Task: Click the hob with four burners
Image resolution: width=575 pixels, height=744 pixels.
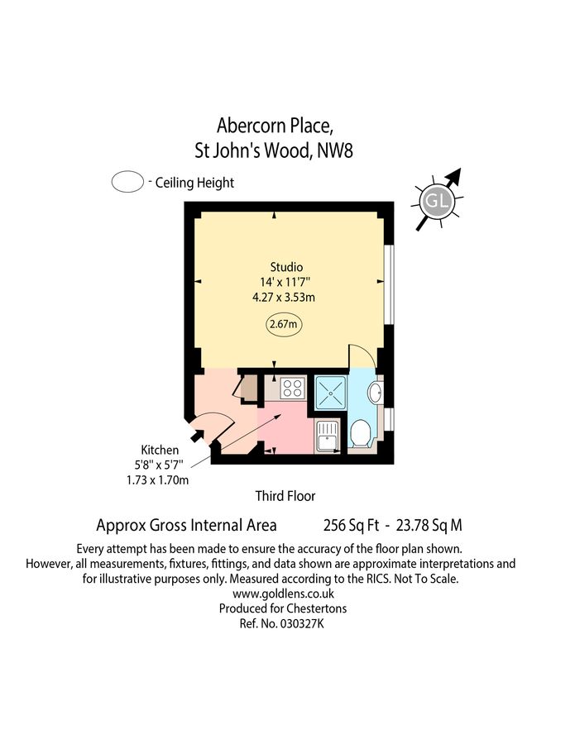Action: coord(292,388)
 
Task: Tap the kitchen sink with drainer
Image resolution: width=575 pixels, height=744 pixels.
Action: coord(326,435)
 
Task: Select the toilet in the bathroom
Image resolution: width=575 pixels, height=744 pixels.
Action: coord(361,432)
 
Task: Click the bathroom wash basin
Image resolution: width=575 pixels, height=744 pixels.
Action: coord(375,393)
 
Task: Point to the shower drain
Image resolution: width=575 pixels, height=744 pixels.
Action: coord(331,393)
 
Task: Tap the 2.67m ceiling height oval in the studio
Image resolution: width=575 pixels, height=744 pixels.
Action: coord(284,325)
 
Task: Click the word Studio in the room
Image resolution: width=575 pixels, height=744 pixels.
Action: coord(286,267)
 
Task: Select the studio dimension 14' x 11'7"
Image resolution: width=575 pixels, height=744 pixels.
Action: coord(285,282)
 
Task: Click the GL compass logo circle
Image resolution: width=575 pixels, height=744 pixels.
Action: coord(436,201)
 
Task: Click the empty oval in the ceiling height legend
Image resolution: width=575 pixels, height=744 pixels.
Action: coord(127,182)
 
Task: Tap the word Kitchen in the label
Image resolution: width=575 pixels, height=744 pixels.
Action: coord(160,450)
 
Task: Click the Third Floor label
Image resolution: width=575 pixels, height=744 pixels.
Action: coord(285,496)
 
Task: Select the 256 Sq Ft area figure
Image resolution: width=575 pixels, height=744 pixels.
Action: coord(352,525)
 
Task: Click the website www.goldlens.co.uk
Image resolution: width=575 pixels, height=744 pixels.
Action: coord(284,594)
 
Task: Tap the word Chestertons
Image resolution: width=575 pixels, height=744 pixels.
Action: coord(317,608)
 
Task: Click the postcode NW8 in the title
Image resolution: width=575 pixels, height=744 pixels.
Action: coord(335,151)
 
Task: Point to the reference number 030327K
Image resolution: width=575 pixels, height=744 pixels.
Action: coord(303,623)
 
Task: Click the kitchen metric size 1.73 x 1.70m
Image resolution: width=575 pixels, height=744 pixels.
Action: coord(158,479)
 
